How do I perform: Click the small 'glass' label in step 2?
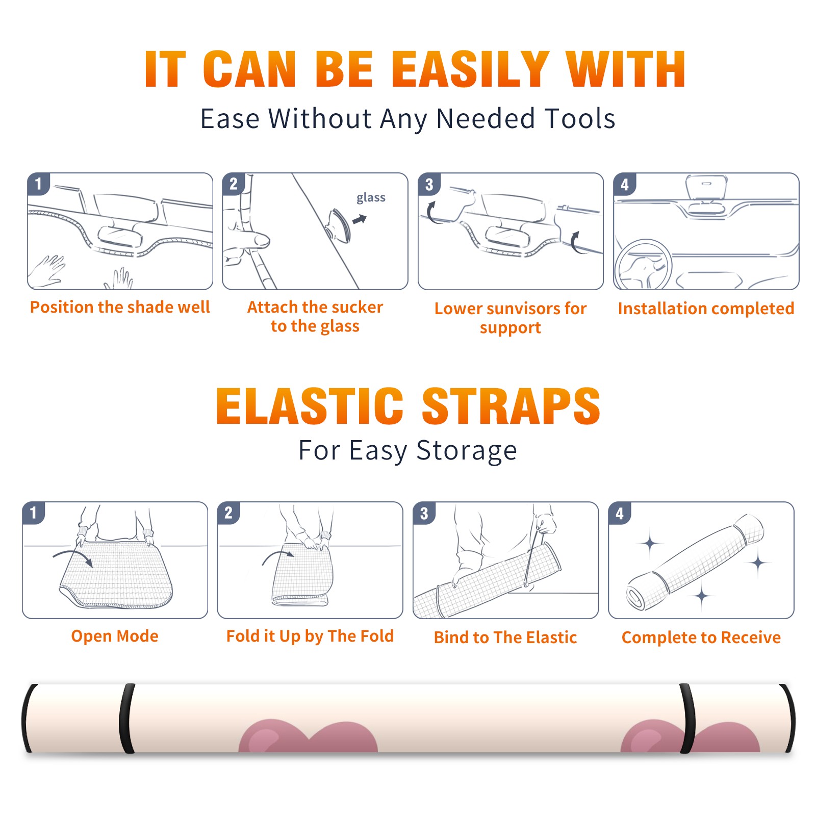pos(371,198)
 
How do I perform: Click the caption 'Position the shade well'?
pos(120,307)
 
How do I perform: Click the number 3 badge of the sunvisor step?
pos(429,185)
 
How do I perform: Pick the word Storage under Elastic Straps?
pos(467,451)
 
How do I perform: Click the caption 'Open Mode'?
pos(115,636)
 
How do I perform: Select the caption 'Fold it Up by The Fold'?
pos(310,636)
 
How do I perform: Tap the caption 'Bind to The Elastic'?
pos(505,637)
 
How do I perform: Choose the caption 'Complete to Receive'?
pos(701,637)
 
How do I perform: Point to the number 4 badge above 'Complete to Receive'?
pos(620,513)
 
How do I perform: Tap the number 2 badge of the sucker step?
pos(234,184)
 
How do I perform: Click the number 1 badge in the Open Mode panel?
pos(34,513)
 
